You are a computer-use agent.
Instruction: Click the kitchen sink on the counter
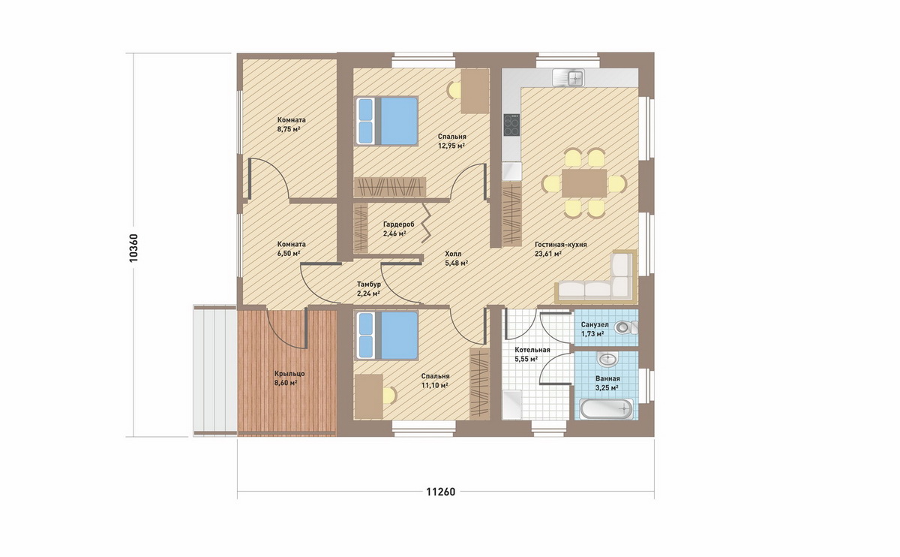pos(568,77)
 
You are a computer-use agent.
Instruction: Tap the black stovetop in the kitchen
pos(511,125)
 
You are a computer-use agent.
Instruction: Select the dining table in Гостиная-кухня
pos(584,183)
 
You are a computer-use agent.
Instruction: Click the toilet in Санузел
pos(627,327)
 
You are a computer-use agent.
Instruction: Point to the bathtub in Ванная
pos(606,409)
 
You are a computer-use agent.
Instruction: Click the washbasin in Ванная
pos(607,359)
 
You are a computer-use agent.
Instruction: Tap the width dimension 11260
pos(441,492)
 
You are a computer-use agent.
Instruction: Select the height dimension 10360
pos(133,248)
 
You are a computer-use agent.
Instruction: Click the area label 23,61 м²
pos(548,254)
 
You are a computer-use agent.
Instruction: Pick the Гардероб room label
pos(398,224)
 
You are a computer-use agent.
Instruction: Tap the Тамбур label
pos(369,285)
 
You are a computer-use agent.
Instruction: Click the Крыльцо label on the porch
pos(289,374)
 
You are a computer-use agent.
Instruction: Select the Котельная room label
pos(532,350)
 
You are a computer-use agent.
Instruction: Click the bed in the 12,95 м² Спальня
pos(387,121)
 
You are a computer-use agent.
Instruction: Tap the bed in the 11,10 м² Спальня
pos(387,336)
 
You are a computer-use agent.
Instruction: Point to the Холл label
pos(453,254)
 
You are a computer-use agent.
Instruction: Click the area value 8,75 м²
pos(289,130)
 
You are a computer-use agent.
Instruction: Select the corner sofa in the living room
pos(595,277)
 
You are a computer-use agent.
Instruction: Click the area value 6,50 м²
pos(289,254)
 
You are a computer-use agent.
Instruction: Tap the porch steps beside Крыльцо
pos(214,370)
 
